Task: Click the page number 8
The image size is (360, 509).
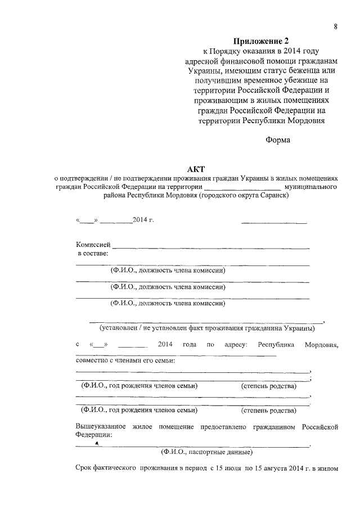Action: (x=335, y=26)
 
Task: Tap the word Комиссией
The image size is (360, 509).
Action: (x=93, y=245)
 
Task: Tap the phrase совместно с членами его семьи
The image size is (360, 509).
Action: (x=125, y=361)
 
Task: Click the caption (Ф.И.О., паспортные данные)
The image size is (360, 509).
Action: (x=206, y=452)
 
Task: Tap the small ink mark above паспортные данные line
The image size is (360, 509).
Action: (x=97, y=443)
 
